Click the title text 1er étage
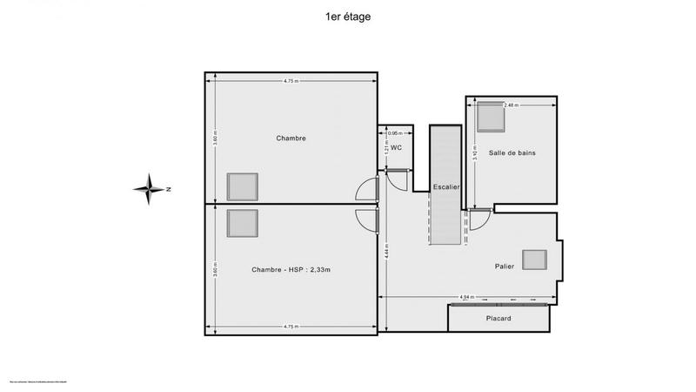point(347,16)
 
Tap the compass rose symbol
point(151,189)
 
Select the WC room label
point(396,148)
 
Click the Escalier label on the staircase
point(445,187)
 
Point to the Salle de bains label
point(512,153)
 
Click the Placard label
point(499,319)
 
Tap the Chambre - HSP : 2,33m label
point(291,270)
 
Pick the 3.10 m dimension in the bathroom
point(474,153)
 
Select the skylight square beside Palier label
point(533,260)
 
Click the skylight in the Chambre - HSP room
point(243,223)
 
